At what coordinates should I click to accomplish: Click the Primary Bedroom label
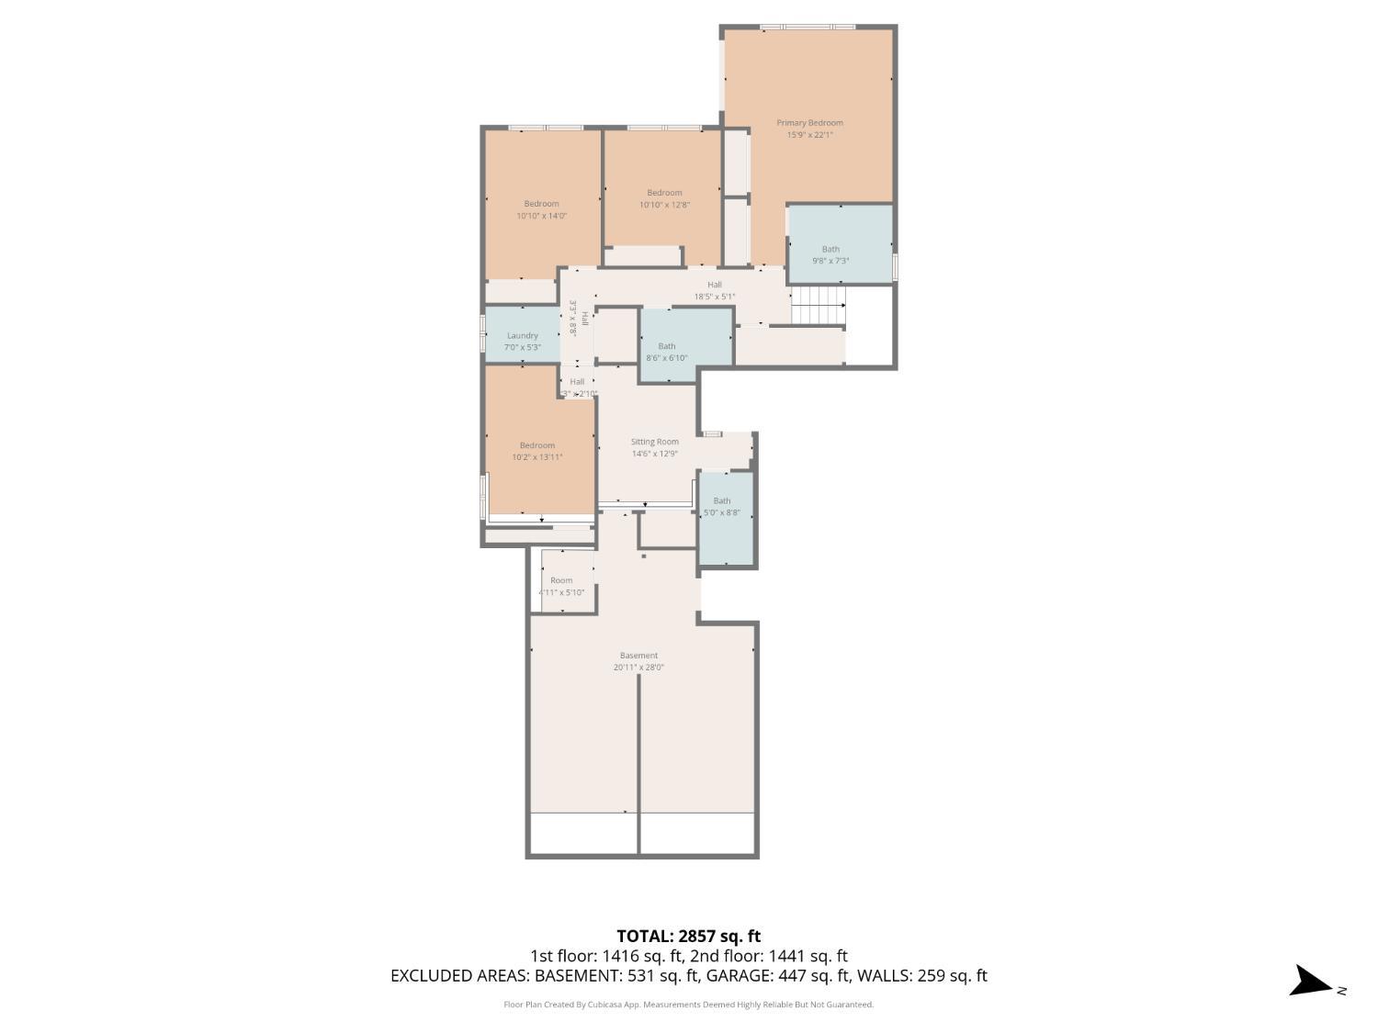pos(809,122)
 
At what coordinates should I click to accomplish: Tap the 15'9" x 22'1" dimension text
pos(809,135)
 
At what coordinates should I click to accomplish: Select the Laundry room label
pos(522,336)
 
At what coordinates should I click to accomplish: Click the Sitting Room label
pos(654,442)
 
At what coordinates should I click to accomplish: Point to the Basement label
pos(638,656)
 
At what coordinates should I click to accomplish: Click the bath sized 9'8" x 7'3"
pos(830,254)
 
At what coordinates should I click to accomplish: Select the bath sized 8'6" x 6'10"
pos(667,352)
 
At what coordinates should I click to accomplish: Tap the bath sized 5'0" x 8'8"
pos(722,507)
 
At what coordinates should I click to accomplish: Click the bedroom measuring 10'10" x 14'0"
pos(541,209)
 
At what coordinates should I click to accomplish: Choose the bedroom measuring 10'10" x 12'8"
pos(664,198)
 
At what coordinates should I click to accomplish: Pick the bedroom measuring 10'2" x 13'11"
pos(537,451)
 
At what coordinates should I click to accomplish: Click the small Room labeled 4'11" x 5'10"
pos(561,586)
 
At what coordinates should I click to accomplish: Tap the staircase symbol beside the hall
pos(818,305)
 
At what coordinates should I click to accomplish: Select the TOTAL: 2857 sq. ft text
pos(688,937)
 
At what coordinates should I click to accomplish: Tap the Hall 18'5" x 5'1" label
pos(715,290)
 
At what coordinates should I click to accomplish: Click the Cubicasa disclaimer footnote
pos(688,1005)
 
